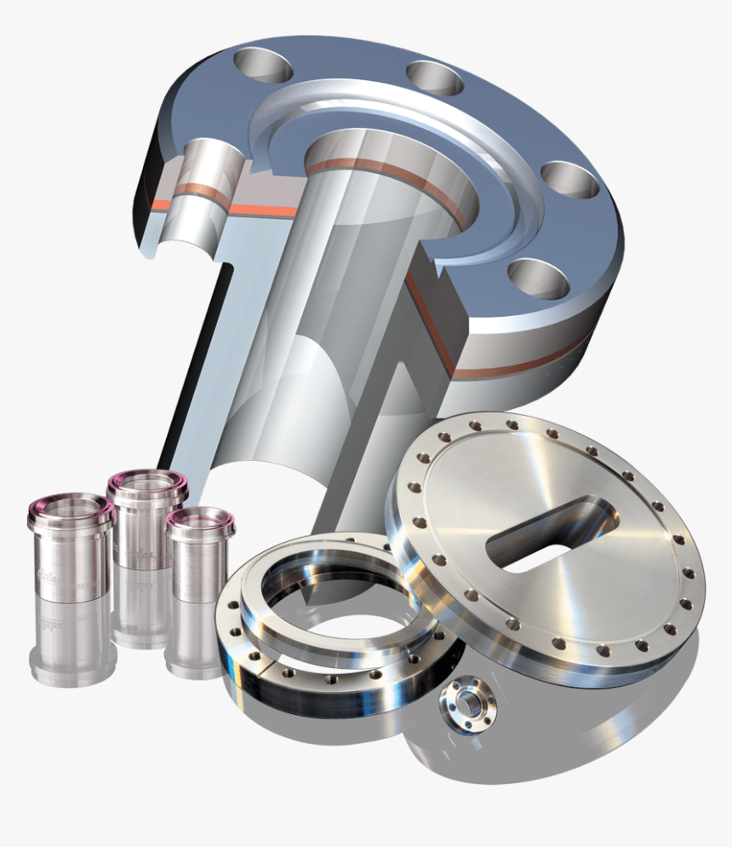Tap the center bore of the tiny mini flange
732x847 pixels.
(465, 700)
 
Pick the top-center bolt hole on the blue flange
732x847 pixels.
(434, 78)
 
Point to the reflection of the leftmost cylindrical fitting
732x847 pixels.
(71, 639)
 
